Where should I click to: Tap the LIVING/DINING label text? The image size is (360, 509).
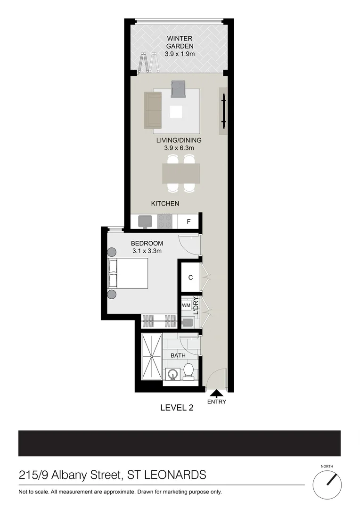(x=179, y=140)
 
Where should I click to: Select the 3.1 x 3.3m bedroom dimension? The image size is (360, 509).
(x=147, y=251)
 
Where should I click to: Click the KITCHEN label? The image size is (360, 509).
(x=165, y=204)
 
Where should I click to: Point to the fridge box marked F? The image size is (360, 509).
(x=189, y=221)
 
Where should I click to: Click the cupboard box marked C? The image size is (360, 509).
(x=190, y=278)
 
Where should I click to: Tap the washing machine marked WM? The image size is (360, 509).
(x=186, y=305)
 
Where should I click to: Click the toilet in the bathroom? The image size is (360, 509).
(x=188, y=371)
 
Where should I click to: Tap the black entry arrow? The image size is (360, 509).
(x=217, y=393)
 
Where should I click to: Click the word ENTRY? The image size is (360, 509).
(x=217, y=402)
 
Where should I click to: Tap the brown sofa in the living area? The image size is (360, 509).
(x=152, y=110)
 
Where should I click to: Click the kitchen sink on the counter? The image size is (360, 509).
(x=145, y=221)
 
